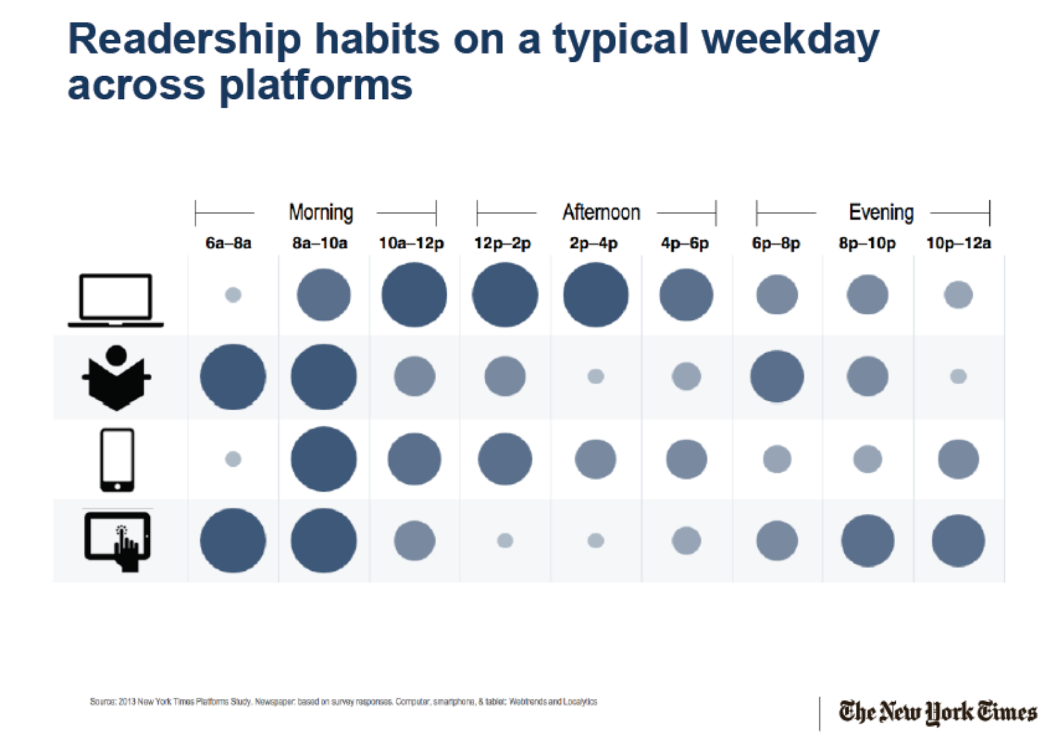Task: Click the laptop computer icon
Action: pyautogui.click(x=116, y=300)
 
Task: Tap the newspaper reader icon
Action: pyautogui.click(x=116, y=378)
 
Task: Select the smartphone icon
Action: pyautogui.click(x=117, y=460)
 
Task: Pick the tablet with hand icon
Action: pyautogui.click(x=118, y=541)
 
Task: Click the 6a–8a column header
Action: pyautogui.click(x=228, y=244)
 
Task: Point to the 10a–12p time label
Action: pyautogui.click(x=411, y=244)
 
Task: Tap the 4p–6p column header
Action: pyautogui.click(x=684, y=244)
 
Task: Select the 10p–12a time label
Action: pyautogui.click(x=958, y=244)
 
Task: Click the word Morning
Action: pyautogui.click(x=321, y=212)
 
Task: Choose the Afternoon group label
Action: pyautogui.click(x=601, y=212)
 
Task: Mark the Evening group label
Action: pyautogui.click(x=881, y=212)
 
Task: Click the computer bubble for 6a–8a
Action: pyautogui.click(x=233, y=295)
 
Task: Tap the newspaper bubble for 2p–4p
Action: pyautogui.click(x=596, y=376)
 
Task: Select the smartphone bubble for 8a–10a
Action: pyautogui.click(x=323, y=459)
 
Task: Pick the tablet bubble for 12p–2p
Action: pyautogui.click(x=505, y=540)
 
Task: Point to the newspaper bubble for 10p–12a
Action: pyautogui.click(x=958, y=376)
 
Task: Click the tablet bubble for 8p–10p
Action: pyautogui.click(x=867, y=540)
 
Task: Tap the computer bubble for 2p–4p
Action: pyautogui.click(x=596, y=295)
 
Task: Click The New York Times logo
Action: pyautogui.click(x=938, y=712)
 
